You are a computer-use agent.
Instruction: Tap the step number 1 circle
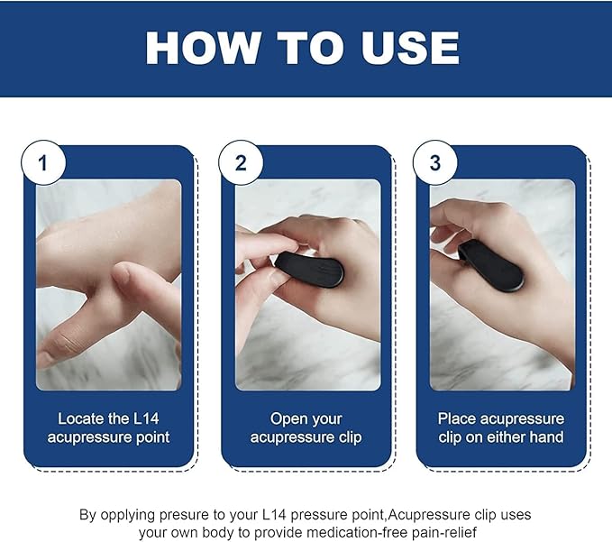coord(42,163)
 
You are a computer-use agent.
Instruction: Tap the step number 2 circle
coord(241,163)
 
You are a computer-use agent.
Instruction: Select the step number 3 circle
coord(435,163)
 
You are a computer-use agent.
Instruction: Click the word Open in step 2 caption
coord(289,418)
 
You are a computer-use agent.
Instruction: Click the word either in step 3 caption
coord(507,438)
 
